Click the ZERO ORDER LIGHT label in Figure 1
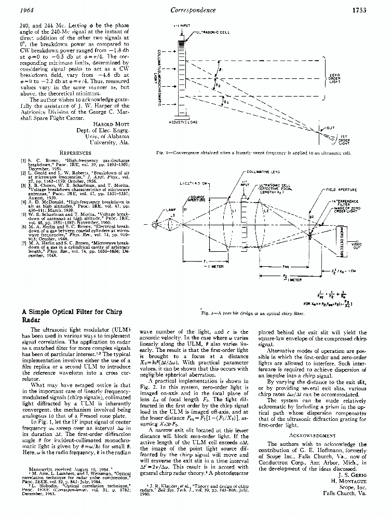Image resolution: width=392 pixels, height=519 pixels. point(334,78)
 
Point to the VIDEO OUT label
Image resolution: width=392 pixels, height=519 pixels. point(357,245)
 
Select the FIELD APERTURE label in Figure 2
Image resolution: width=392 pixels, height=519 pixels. point(341,190)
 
